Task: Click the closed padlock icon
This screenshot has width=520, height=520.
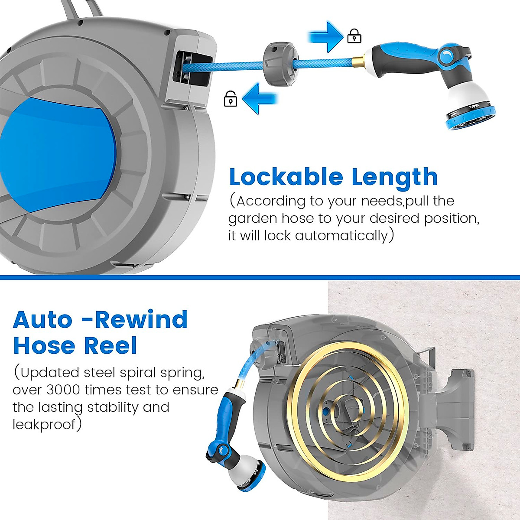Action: tap(354, 36)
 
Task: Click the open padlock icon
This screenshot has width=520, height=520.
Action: tap(230, 99)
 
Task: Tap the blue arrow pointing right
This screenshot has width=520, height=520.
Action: tap(326, 36)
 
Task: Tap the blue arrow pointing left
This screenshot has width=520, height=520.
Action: tap(259, 98)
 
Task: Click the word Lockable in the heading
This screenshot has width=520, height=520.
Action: tap(286, 177)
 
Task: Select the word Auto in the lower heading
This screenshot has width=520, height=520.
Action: tap(42, 320)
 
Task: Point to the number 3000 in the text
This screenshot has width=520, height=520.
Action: tap(63, 390)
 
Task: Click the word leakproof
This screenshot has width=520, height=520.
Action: tap(44, 425)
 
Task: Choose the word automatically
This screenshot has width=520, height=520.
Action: tap(341, 236)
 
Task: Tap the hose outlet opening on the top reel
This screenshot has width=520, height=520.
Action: tap(193, 68)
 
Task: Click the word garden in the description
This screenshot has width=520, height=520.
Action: tap(253, 218)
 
